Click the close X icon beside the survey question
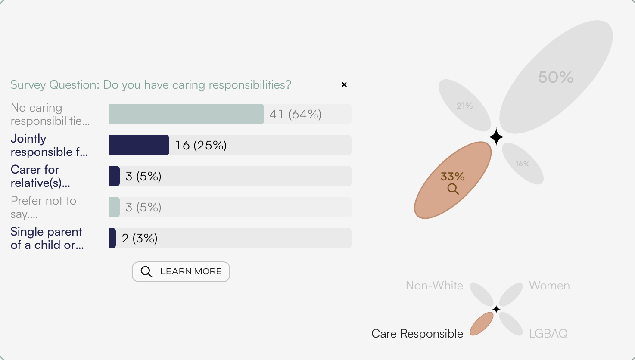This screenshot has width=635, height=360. [x=344, y=84]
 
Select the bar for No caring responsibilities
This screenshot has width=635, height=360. [x=186, y=114]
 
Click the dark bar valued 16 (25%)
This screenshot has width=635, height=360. [x=139, y=145]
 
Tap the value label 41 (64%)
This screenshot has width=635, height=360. [x=296, y=114]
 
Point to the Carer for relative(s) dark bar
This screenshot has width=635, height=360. [x=114, y=176]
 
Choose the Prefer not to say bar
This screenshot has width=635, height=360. [x=114, y=207]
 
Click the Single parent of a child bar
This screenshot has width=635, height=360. [x=112, y=238]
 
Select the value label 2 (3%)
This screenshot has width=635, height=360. [x=140, y=238]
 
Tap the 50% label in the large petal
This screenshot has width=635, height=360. [x=556, y=78]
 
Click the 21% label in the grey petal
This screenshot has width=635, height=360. [x=465, y=106]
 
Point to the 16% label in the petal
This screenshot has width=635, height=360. [x=523, y=164]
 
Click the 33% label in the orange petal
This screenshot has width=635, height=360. [x=453, y=176]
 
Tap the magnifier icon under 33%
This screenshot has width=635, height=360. [x=453, y=189]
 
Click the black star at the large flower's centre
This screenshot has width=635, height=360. [x=496, y=137]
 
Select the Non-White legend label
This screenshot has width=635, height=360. [x=434, y=286]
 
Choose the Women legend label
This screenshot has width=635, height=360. [x=549, y=286]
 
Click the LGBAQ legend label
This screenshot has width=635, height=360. [x=548, y=333]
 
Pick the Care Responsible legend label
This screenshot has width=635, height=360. [x=417, y=334]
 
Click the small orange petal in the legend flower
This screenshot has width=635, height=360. [x=482, y=324]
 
